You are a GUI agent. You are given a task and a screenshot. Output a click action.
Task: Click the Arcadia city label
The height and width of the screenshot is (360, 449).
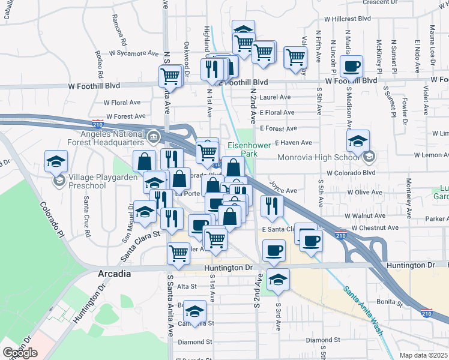click(x=113, y=274)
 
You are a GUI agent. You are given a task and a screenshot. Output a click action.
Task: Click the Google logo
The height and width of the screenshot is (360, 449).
click(x=20, y=353)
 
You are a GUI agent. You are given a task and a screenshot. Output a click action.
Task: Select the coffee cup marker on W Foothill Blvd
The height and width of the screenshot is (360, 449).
click(x=351, y=67)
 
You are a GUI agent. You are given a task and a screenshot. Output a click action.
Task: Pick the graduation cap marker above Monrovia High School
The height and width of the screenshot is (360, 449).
click(x=358, y=141)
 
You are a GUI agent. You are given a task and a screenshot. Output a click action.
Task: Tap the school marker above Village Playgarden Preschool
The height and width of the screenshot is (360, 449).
click(x=56, y=161)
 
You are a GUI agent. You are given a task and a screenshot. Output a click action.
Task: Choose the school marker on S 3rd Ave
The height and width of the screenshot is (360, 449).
click(x=277, y=280)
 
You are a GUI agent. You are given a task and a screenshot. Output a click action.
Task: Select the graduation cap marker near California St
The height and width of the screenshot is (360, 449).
click(x=194, y=311)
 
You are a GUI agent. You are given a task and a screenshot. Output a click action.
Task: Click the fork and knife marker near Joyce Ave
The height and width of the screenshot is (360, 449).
click(x=272, y=206)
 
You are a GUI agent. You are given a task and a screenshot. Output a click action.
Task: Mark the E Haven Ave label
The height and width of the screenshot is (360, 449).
click(x=293, y=143)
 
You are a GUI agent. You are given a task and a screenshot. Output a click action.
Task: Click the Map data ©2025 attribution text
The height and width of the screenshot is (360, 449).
click(x=424, y=355)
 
